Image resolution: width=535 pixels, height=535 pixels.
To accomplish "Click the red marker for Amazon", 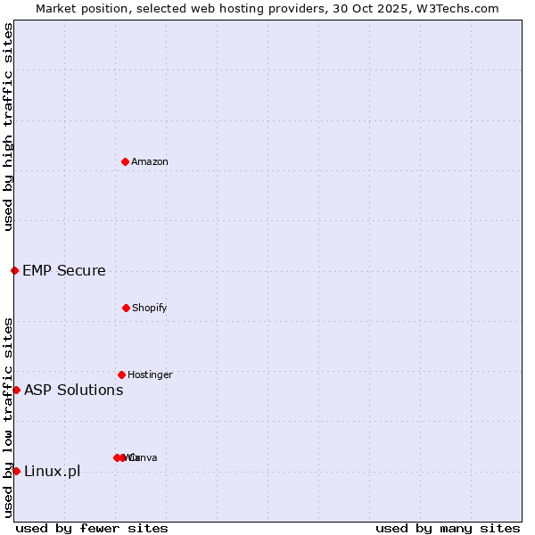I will [125, 161].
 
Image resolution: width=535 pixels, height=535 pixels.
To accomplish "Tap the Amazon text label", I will [150, 161].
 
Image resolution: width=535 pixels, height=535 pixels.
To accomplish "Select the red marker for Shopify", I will [126, 308].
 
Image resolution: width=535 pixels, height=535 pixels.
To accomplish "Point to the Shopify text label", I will [150, 308].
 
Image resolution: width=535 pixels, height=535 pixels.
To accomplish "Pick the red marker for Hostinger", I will [121, 374].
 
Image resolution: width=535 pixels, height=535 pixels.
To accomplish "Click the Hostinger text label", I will [150, 374].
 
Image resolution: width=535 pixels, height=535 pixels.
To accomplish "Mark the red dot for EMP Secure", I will [14, 270].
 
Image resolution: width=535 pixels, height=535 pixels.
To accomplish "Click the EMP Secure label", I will [64, 270].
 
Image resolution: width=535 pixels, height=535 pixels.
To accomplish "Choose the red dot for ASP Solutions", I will [16, 390].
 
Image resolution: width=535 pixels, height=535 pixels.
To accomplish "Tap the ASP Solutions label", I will [74, 390].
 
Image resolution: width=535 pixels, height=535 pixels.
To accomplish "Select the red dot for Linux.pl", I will [16, 471].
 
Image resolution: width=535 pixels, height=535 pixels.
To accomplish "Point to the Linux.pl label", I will [52, 471].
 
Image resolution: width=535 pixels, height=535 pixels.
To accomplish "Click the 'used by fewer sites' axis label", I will [92, 528].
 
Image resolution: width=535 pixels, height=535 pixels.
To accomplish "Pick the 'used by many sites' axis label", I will [448, 528].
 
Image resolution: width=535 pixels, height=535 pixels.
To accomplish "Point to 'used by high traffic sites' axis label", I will [8, 128].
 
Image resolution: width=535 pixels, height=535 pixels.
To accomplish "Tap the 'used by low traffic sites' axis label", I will [8, 417].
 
